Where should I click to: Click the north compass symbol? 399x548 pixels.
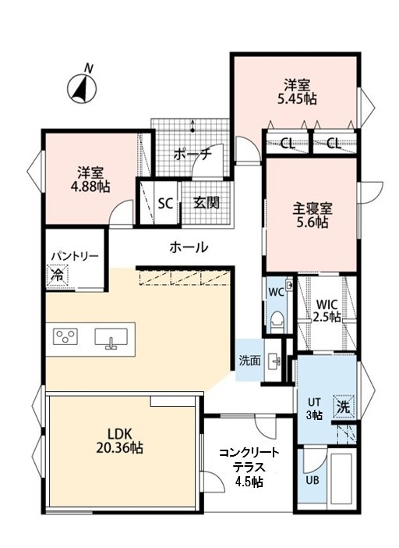[x=83, y=88]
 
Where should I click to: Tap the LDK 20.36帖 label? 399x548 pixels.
[x=119, y=441]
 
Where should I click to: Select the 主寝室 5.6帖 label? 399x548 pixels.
[x=312, y=215]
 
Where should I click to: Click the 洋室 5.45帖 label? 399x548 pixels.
[x=297, y=91]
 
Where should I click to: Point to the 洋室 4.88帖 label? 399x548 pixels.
[x=90, y=180]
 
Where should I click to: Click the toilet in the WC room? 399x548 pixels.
[x=278, y=322]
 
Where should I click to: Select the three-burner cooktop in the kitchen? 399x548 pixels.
[x=65, y=336]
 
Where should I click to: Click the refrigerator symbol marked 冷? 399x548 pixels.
[x=57, y=276]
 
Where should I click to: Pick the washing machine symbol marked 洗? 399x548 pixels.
[x=344, y=406]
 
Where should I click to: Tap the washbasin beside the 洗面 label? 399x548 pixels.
[x=274, y=360]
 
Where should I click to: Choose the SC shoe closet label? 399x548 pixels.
[x=165, y=203]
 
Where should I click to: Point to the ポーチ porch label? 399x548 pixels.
[x=192, y=154]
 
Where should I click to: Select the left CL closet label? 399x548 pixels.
[x=288, y=143]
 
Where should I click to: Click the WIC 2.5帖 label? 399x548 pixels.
[x=327, y=311]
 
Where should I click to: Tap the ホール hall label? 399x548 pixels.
[x=189, y=247]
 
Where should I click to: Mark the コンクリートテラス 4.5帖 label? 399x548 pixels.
[x=249, y=468]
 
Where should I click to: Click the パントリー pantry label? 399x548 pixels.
[x=75, y=256]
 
